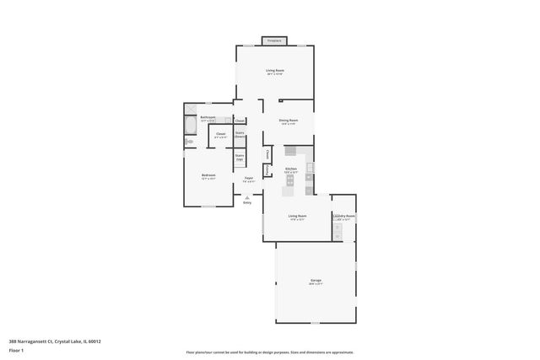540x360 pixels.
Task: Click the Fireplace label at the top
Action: [274, 40]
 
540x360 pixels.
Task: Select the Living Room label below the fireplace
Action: [274, 72]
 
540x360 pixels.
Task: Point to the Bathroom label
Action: [208, 117]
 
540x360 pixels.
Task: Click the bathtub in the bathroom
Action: [190, 126]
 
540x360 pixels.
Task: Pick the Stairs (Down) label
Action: [240, 134]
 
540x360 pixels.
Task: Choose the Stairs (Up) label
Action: [240, 158]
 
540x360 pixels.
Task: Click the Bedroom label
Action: [208, 177]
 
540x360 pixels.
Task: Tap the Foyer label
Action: [249, 180]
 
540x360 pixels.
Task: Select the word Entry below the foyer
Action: [247, 203]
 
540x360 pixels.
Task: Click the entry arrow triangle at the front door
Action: [247, 197]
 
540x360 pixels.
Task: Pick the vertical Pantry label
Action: [267, 170]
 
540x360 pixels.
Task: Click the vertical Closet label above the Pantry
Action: [267, 154]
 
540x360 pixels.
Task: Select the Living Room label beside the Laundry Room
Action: [297, 217]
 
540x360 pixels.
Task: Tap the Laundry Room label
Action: [344, 217]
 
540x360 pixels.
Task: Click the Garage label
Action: [316, 281]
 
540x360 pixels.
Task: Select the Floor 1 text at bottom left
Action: [16, 350]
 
